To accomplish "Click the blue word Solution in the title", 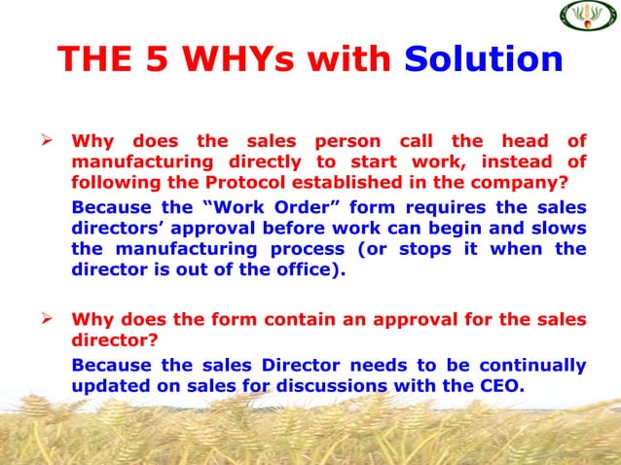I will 484,59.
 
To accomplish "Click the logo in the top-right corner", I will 588,16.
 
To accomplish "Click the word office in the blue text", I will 306,268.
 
